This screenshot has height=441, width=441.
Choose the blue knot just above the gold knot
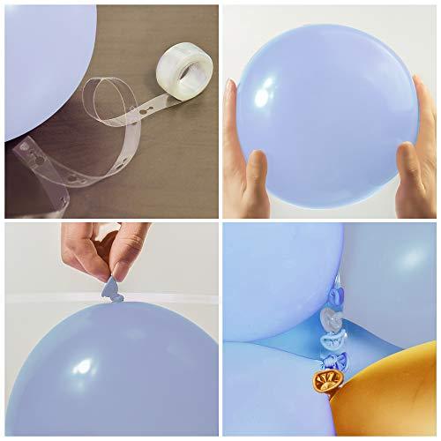[x=329, y=360]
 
